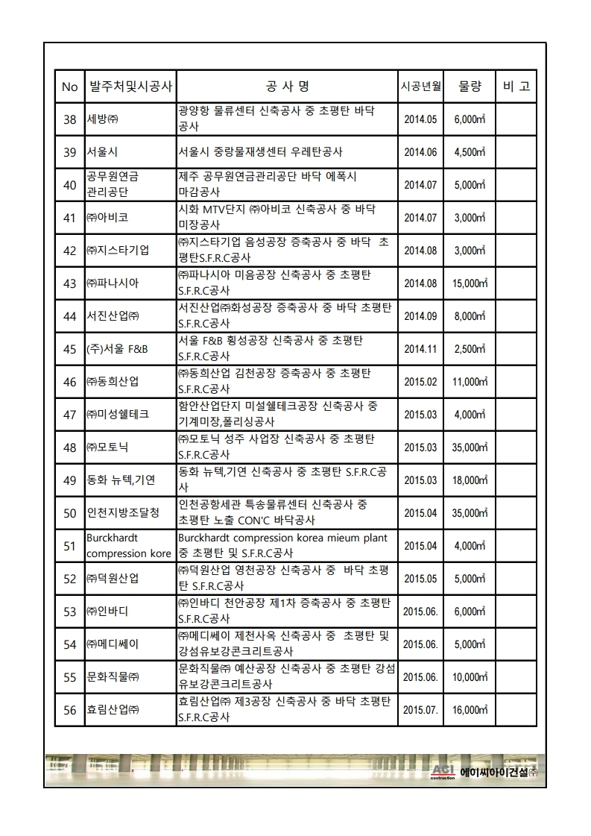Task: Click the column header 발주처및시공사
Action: [x=130, y=87]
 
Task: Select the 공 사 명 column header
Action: [x=286, y=87]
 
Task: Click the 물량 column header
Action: [x=470, y=87]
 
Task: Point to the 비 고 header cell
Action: [x=516, y=87]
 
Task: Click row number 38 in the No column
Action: [x=70, y=119]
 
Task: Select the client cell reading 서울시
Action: [x=102, y=152]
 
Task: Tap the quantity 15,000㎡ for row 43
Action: [x=470, y=283]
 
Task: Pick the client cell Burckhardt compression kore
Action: [x=128, y=546]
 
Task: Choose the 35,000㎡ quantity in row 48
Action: [x=470, y=447]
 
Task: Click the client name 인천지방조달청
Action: [x=123, y=513]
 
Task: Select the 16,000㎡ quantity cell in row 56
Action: [x=470, y=711]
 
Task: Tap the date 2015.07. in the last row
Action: [x=420, y=711]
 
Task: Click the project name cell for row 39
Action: [x=260, y=152]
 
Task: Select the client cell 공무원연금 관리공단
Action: [x=113, y=185]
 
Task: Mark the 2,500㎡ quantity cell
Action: [x=470, y=349]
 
